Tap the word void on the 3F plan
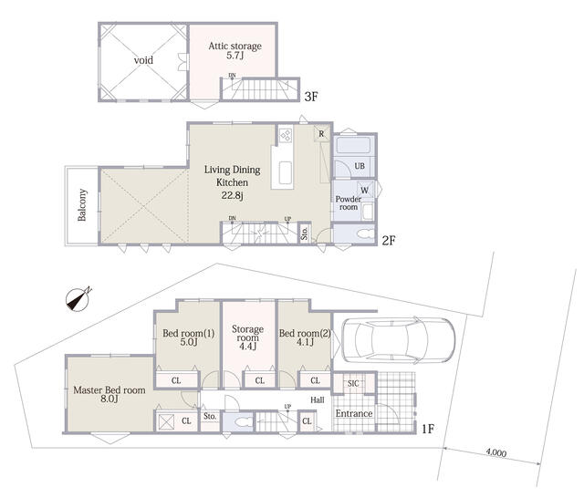[x=143, y=60]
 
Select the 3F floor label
[x=311, y=97]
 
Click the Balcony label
[x=82, y=204]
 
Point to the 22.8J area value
[x=232, y=195]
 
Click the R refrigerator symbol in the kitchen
[x=321, y=133]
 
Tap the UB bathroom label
[x=360, y=166]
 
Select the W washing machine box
[x=365, y=191]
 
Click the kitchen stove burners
[x=286, y=136]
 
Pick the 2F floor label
[x=389, y=241]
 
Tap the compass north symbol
[x=78, y=299]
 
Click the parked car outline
[x=398, y=340]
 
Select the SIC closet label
[x=353, y=383]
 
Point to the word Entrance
[x=354, y=413]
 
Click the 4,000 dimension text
[x=496, y=452]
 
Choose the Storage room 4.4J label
[x=247, y=337]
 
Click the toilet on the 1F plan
[x=242, y=423]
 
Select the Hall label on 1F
[x=318, y=400]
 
